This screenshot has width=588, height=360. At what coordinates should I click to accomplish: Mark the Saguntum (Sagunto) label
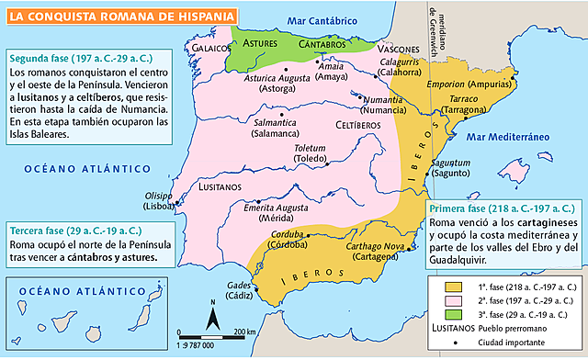tap(451, 168)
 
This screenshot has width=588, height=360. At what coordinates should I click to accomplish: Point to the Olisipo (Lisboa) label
tap(151, 200)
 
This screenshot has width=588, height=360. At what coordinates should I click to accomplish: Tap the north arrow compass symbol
tap(213, 318)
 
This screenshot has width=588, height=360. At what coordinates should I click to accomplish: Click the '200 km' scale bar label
tap(243, 331)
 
